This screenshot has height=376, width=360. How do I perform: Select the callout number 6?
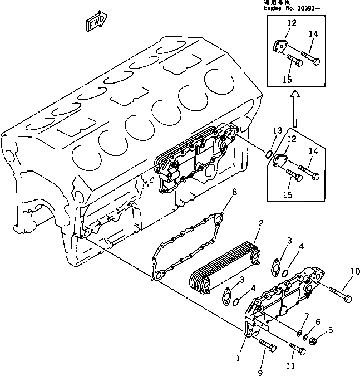click(318, 322)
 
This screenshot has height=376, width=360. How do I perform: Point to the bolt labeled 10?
click(340, 294)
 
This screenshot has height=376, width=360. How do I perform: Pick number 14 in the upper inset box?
click(314, 34)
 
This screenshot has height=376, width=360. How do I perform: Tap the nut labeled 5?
click(314, 341)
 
